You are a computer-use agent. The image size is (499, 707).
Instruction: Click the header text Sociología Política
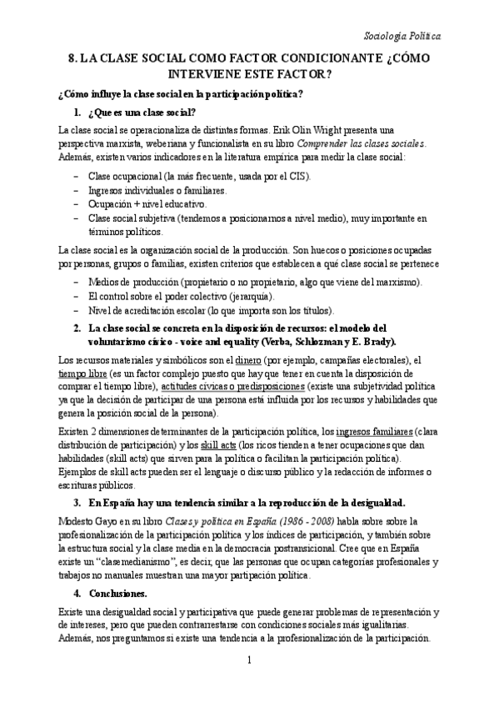point(403,37)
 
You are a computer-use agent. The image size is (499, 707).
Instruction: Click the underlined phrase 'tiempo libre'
point(82,373)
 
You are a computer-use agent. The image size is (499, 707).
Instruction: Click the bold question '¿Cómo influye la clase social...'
point(180,93)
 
